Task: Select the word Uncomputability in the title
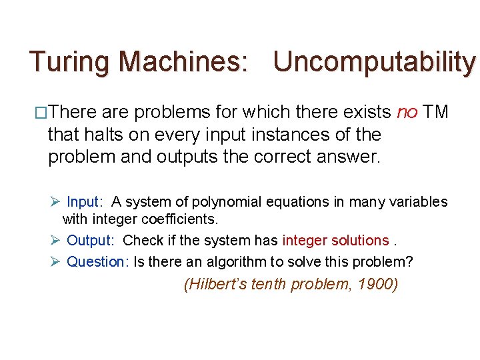374,62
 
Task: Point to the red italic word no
407,111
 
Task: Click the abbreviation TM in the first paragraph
436,111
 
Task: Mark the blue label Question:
97,261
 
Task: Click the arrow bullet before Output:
56,240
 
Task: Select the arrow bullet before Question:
56,261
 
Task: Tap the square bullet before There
41,112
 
